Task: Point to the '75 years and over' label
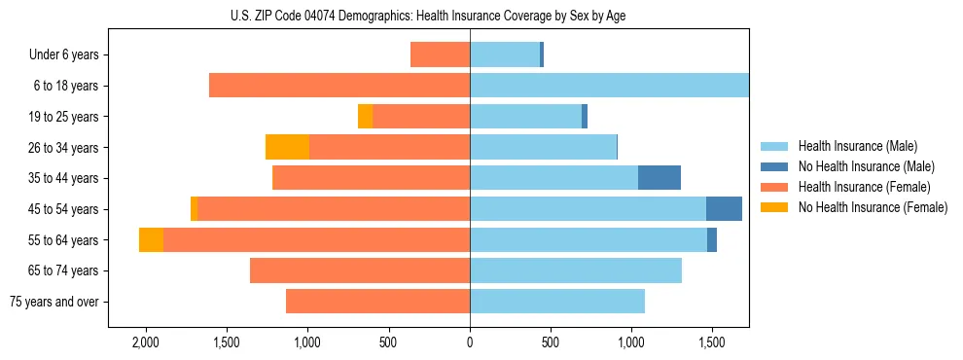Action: click(x=54, y=302)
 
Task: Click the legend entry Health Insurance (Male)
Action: click(x=859, y=146)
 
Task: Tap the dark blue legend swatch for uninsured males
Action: click(x=774, y=166)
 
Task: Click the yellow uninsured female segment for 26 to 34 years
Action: click(x=287, y=147)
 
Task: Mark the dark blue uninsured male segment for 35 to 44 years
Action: click(x=660, y=178)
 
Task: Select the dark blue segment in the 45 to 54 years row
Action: click(x=724, y=209)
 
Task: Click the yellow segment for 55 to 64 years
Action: click(x=151, y=240)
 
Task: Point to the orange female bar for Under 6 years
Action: click(x=440, y=54)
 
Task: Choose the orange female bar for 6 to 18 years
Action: click(x=339, y=86)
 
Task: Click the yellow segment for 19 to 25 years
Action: click(x=365, y=117)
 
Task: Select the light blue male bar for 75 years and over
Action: click(x=557, y=302)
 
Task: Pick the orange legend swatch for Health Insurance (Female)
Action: click(x=774, y=187)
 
